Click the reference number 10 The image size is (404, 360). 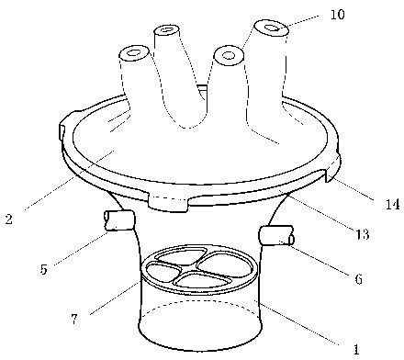[x=338, y=15]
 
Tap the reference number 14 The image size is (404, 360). [x=392, y=204]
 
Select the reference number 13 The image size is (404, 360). [x=362, y=234]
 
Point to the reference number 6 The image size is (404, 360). [x=358, y=278]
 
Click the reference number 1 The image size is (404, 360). [x=355, y=349]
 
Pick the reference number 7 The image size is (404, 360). [x=74, y=320]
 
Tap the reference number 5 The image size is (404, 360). [x=43, y=269]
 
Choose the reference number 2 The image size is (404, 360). [x=9, y=219]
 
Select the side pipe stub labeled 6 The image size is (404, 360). [x=276, y=235]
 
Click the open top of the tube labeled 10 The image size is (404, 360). [x=272, y=28]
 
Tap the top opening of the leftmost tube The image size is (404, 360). [x=134, y=53]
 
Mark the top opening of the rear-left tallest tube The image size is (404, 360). [x=167, y=31]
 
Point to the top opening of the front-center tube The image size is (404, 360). [x=229, y=55]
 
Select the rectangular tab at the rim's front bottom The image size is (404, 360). [x=168, y=203]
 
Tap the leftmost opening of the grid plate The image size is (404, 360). [x=163, y=273]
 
